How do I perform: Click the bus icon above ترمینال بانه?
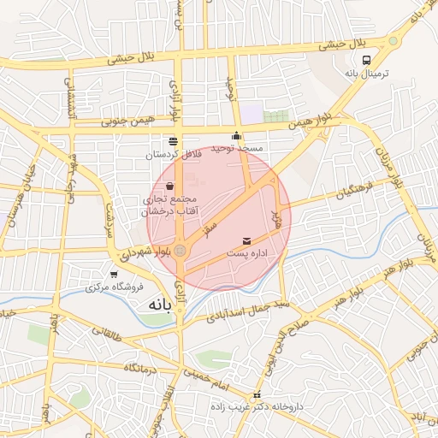coord(367,60)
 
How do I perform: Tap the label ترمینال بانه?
coord(367,74)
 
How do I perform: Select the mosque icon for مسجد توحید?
coord(237,136)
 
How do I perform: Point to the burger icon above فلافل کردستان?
coord(174,140)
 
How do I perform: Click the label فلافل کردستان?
coord(174,155)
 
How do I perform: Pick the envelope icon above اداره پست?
coord(247,242)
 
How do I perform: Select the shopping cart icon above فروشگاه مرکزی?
coord(114,275)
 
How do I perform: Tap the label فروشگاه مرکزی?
coord(114,288)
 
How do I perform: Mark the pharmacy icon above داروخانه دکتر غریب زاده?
coord(257,394)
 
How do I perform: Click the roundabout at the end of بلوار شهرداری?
coord(181,250)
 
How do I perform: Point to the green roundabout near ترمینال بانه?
coord(393,40)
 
